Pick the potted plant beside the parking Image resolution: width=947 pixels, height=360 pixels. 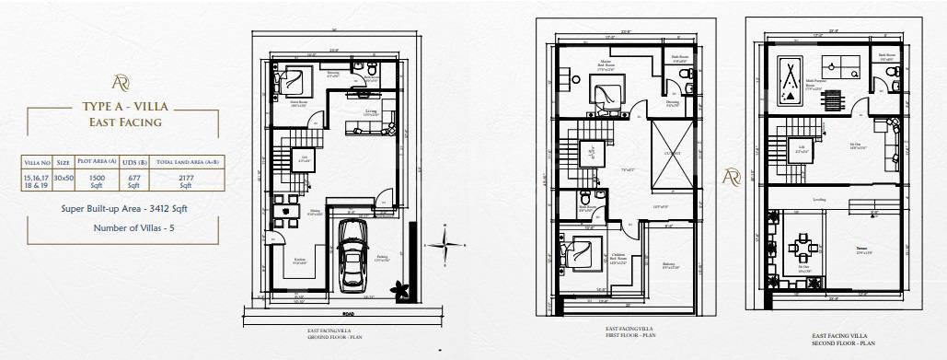[401, 291]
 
